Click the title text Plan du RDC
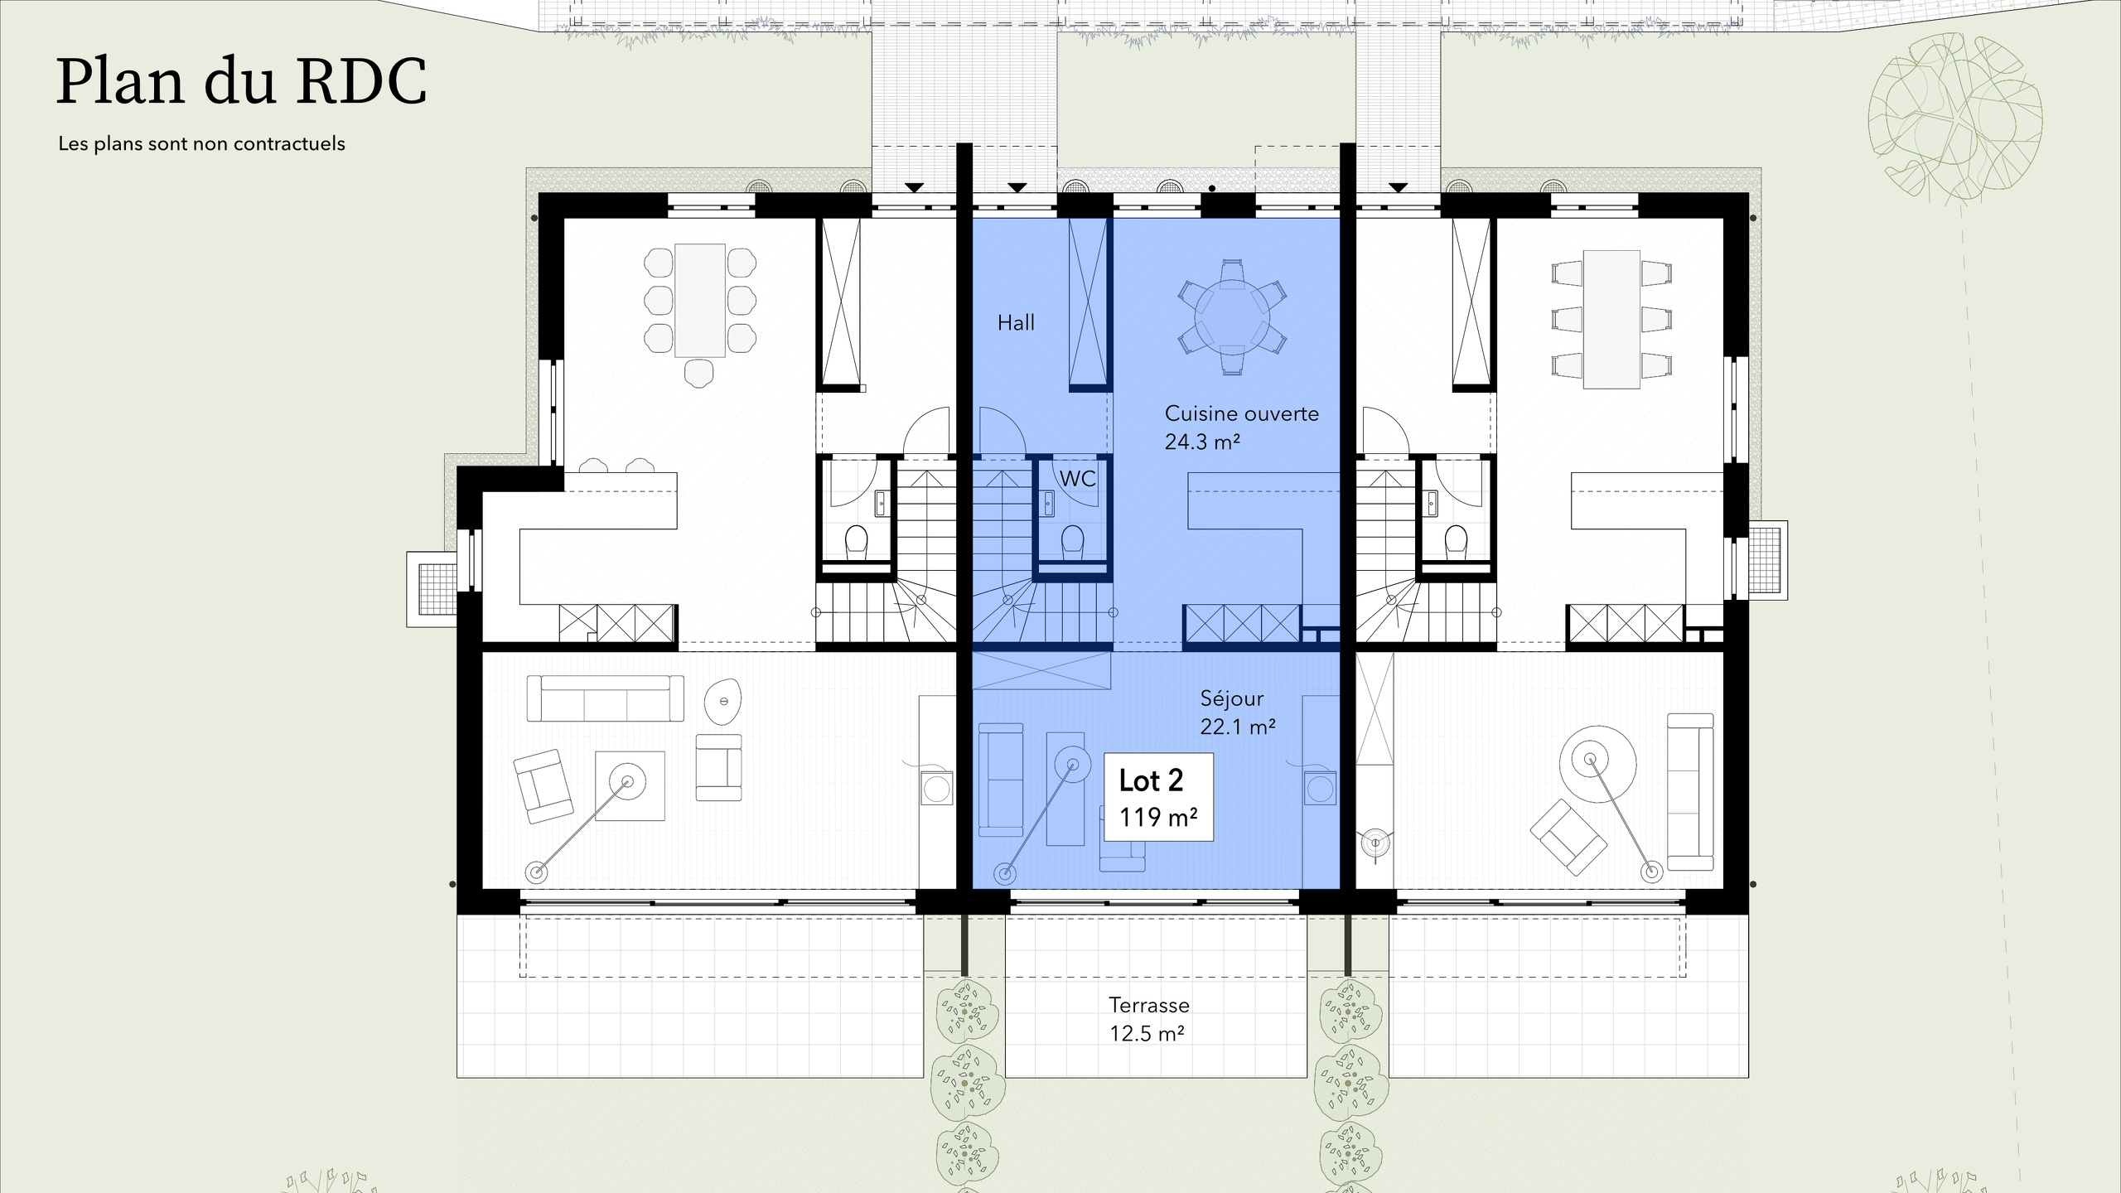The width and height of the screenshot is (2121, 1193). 241,82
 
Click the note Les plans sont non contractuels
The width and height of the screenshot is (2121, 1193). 201,144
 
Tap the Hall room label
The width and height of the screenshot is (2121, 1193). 1016,323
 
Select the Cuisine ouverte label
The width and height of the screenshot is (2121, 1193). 1241,413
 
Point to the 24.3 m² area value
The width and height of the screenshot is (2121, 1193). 1201,442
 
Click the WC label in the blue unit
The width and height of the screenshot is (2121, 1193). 1077,479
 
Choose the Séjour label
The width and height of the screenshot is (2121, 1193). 1232,698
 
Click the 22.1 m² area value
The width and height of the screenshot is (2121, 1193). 1237,727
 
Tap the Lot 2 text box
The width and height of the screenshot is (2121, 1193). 1159,797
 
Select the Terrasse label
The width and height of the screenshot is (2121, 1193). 1149,1005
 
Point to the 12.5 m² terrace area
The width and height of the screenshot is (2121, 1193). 1147,1034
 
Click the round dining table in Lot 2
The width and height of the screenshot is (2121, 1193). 1232,317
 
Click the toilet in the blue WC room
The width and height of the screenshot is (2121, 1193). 1072,542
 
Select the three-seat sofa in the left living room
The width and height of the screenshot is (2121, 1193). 605,698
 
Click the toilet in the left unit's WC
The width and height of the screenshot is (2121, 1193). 856,542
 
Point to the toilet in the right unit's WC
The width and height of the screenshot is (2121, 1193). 1456,542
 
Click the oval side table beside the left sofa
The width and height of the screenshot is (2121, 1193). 722,702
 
